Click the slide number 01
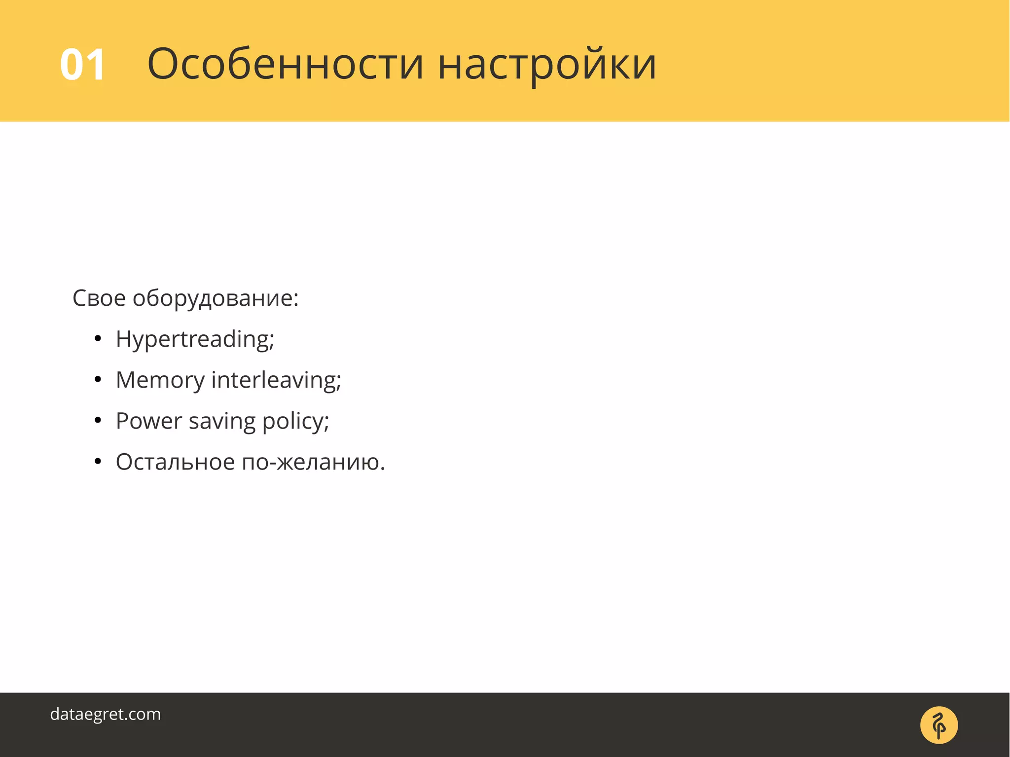click(82, 65)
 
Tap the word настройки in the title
click(547, 65)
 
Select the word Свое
click(99, 298)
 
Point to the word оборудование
click(213, 299)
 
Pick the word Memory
click(160, 381)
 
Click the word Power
click(148, 421)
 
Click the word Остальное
click(175, 462)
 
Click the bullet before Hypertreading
click(98, 339)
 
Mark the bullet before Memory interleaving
click(98, 380)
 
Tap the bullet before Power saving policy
click(98, 421)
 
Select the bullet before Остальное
click(98, 462)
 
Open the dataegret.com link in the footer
click(106, 714)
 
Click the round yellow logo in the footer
click(938, 725)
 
